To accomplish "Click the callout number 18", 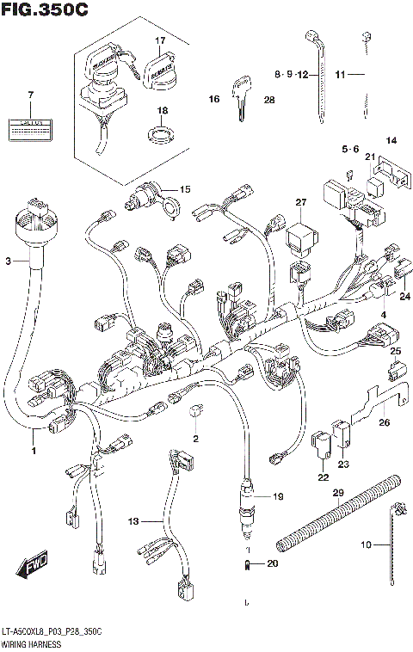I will tap(160, 111).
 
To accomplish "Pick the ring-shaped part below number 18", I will tap(160, 133).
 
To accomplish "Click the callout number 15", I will tap(184, 189).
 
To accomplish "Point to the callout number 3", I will tap(8, 260).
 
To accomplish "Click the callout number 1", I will tap(34, 450).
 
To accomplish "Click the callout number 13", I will tap(133, 521).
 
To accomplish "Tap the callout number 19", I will tap(276, 497).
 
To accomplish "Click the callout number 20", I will tap(273, 563).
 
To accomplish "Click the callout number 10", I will tap(366, 544).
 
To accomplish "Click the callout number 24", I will tap(405, 296).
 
